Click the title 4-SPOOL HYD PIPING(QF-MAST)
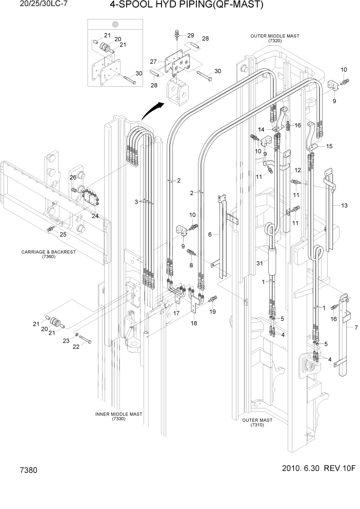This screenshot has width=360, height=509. [186, 6]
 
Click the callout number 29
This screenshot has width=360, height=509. [191, 35]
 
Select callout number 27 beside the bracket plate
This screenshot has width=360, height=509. [153, 62]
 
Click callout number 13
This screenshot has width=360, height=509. [344, 205]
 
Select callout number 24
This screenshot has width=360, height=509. [95, 216]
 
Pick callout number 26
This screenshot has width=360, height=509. [73, 177]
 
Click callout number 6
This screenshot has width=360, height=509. [210, 234]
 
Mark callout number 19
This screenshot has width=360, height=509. [213, 311]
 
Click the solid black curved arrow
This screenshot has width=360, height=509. [153, 110]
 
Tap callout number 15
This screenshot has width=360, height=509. [329, 146]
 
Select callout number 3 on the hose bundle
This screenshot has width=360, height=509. [136, 202]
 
